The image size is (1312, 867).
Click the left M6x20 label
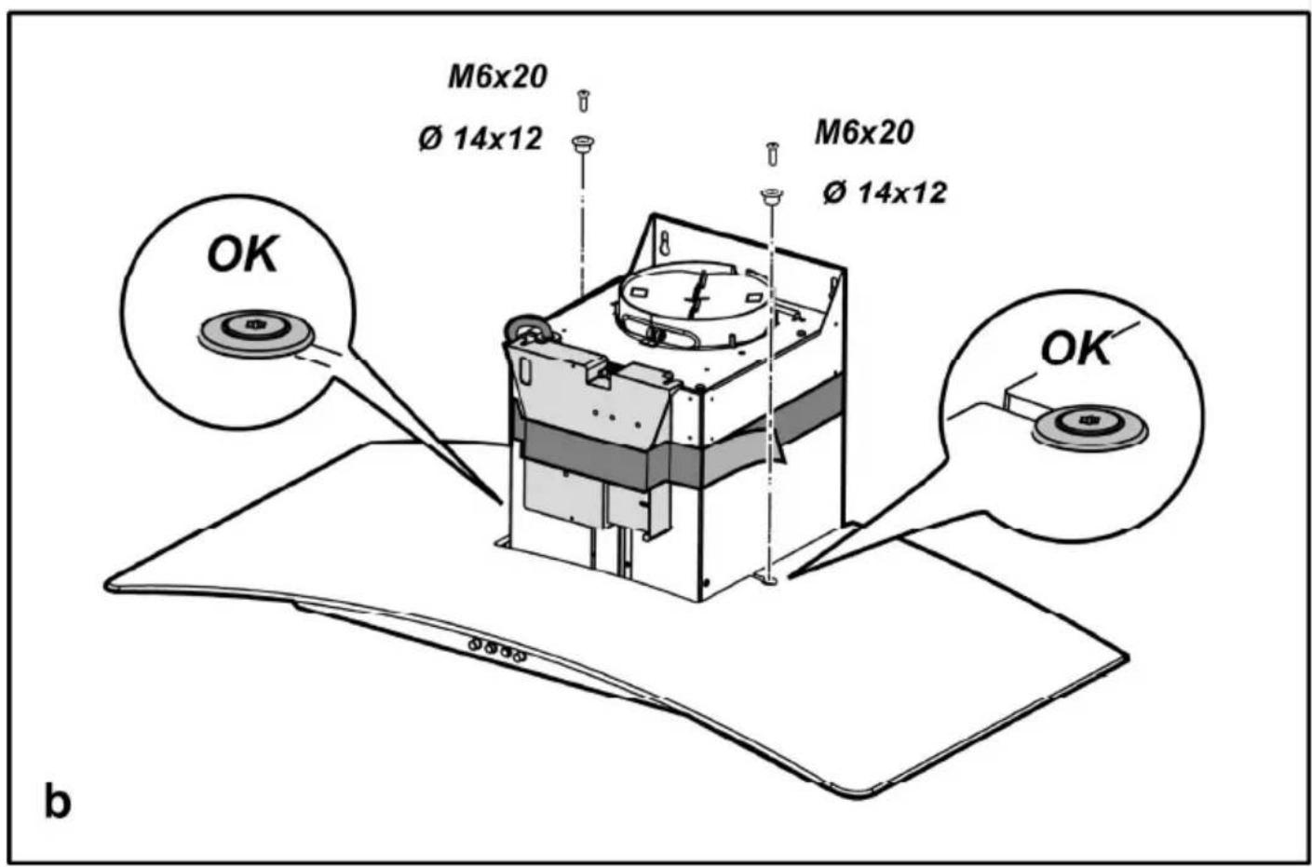pyautogui.click(x=497, y=77)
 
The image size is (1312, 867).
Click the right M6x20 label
pyautogui.click(x=863, y=133)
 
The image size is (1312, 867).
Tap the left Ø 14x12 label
pyautogui.click(x=480, y=140)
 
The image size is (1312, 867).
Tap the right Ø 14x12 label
pyautogui.click(x=885, y=193)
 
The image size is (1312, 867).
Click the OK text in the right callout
pyautogui.click(x=1075, y=349)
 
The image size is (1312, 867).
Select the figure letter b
pyautogui.click(x=57, y=801)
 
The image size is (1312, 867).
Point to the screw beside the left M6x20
pyautogui.click(x=583, y=99)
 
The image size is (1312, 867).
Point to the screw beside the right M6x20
pyautogui.click(x=771, y=152)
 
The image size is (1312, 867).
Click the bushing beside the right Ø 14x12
pyautogui.click(x=770, y=196)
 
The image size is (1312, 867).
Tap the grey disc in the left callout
pyautogui.click(x=253, y=331)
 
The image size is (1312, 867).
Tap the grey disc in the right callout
pyautogui.click(x=1088, y=424)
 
